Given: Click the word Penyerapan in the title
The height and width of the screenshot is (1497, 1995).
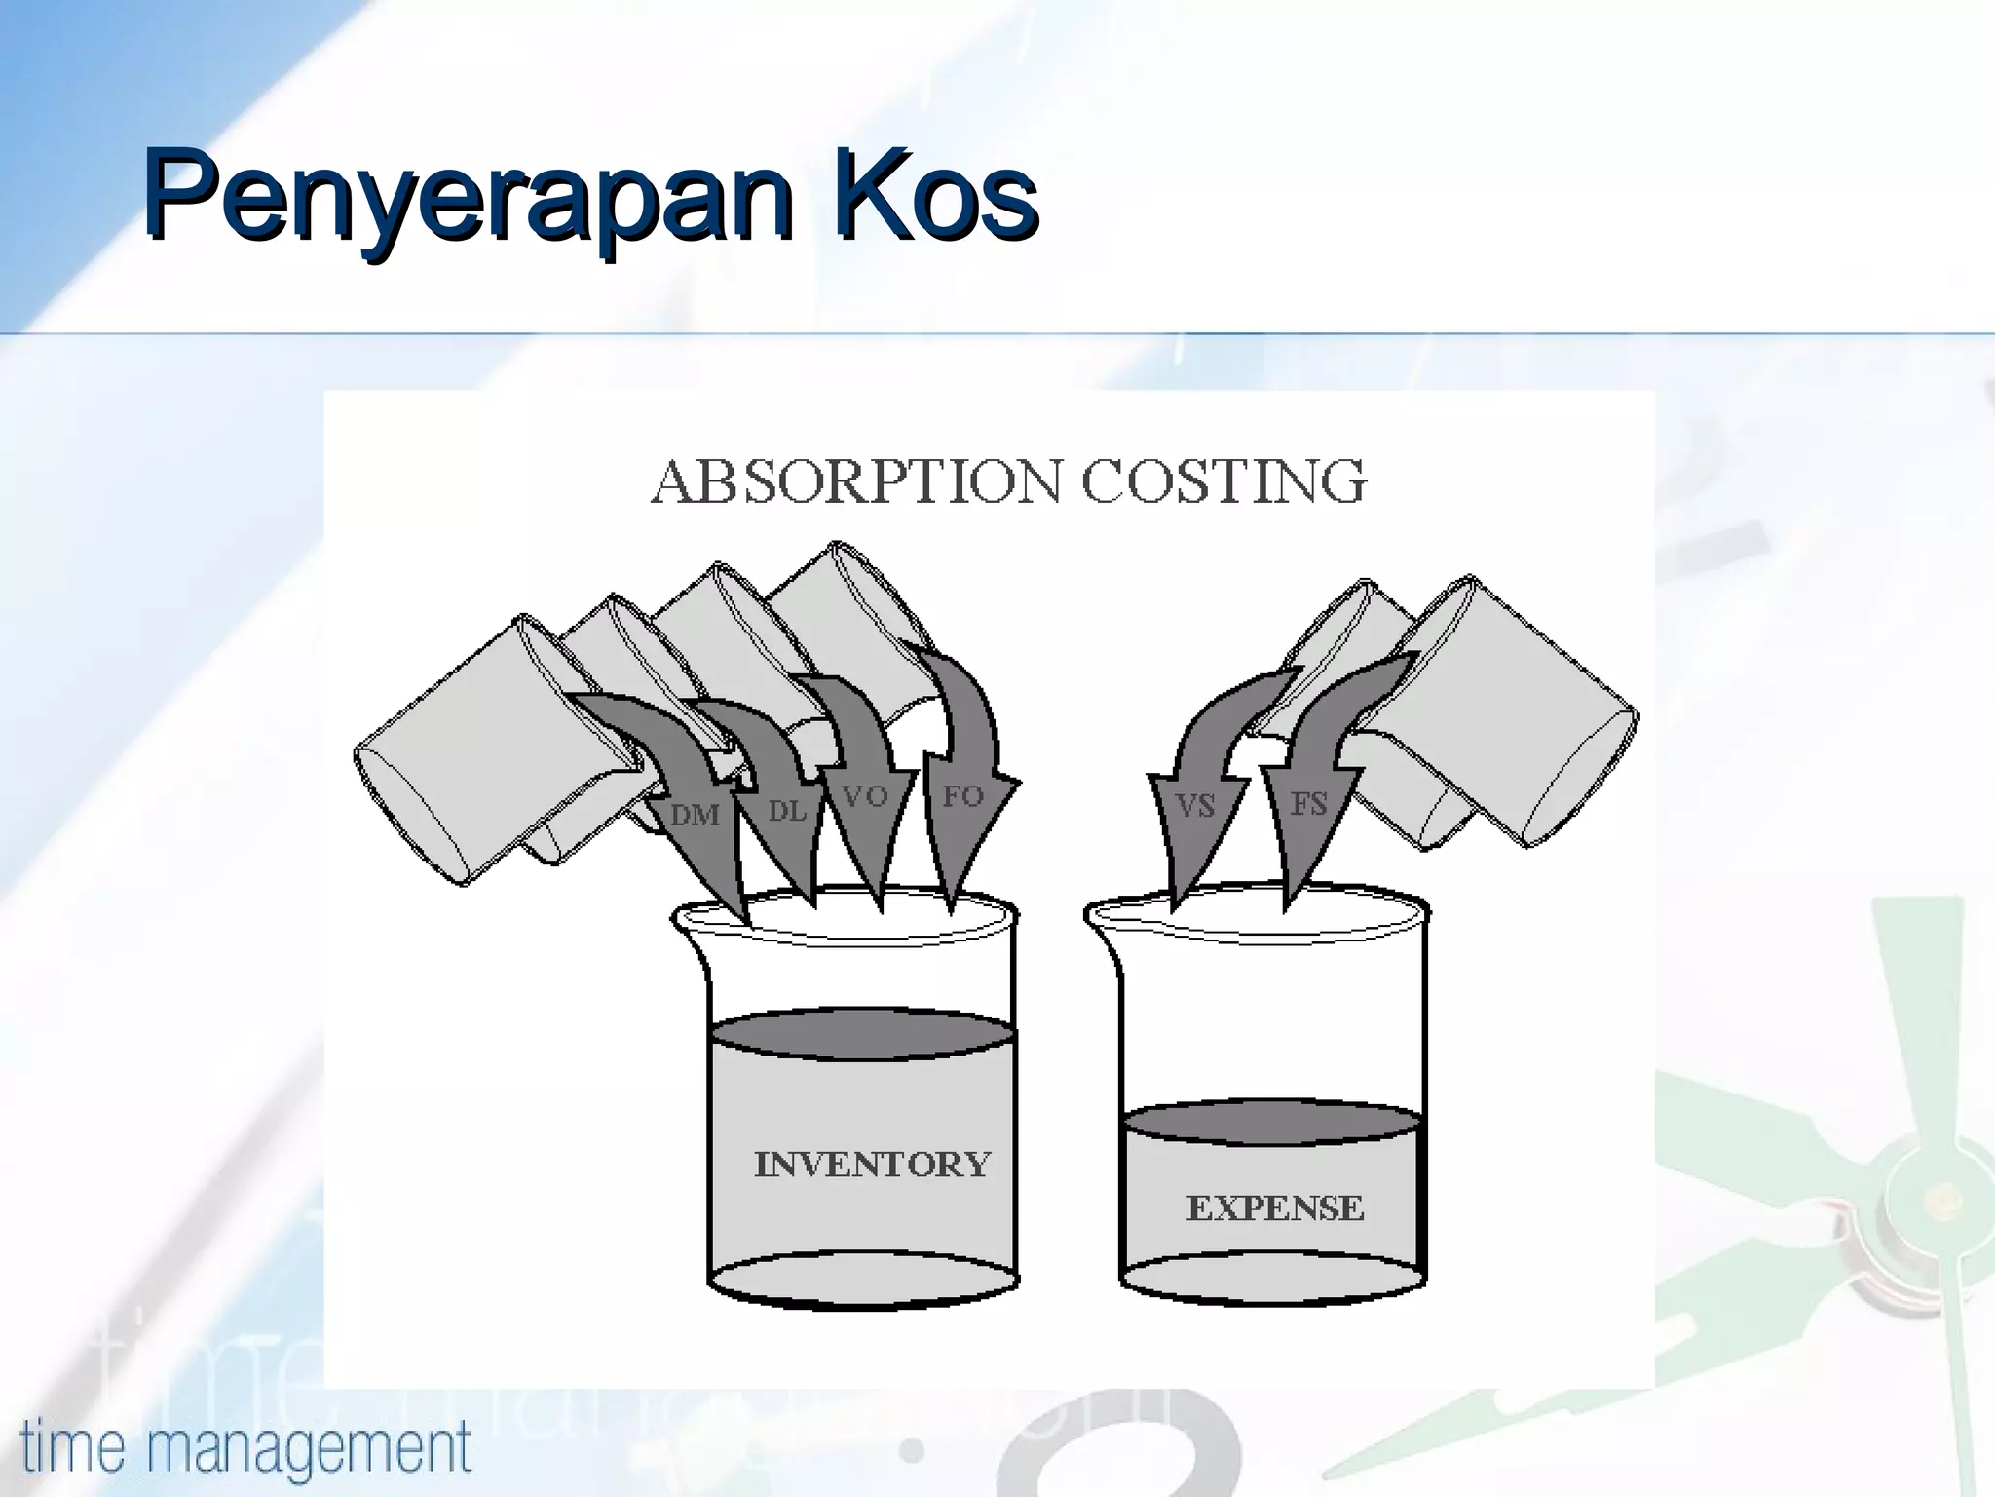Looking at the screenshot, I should pyautogui.click(x=468, y=197).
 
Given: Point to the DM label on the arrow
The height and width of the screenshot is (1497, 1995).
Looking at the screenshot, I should pyautogui.click(x=695, y=814).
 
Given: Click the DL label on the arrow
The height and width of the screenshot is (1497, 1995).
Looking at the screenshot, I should pyautogui.click(x=787, y=810).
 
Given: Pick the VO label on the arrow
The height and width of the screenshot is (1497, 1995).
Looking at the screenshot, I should pyautogui.click(x=865, y=797).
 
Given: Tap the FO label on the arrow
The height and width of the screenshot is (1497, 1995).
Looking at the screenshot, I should pyautogui.click(x=962, y=796).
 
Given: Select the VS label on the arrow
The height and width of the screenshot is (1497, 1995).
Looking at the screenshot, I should pyautogui.click(x=1194, y=806).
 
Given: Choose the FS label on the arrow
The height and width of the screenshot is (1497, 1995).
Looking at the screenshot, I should pyautogui.click(x=1308, y=804).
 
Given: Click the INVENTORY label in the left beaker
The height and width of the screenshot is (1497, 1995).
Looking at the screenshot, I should pyautogui.click(x=872, y=1164).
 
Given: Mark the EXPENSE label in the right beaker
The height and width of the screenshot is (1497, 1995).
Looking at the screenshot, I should pyautogui.click(x=1274, y=1209).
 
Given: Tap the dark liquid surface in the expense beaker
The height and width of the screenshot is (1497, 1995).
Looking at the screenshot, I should pyautogui.click(x=1270, y=1124).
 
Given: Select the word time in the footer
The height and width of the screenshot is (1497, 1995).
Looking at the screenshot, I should pyautogui.click(x=72, y=1446).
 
